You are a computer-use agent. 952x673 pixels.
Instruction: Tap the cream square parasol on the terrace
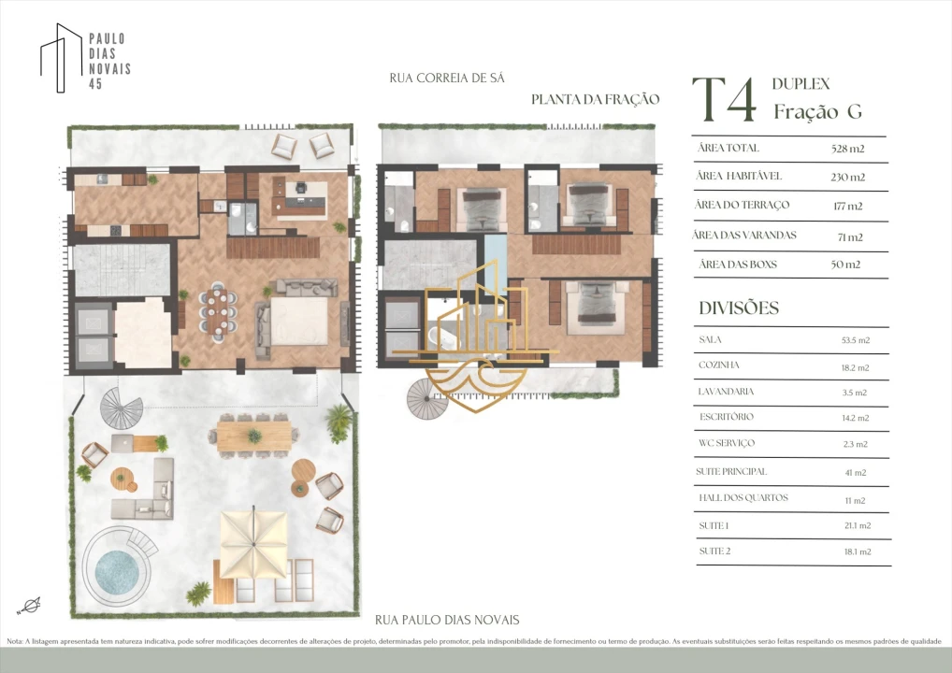(x=253, y=544)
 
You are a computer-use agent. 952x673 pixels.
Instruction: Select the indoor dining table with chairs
(x=218, y=310)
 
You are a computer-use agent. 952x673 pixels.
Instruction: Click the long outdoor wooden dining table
(x=253, y=436)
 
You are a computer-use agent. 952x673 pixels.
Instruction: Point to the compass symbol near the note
(x=29, y=606)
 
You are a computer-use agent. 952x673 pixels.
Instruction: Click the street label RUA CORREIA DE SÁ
(x=447, y=78)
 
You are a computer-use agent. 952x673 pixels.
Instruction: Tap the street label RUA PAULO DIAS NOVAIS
(x=447, y=620)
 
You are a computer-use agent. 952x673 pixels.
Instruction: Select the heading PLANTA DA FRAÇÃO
(x=595, y=99)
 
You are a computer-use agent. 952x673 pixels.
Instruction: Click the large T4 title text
(x=725, y=100)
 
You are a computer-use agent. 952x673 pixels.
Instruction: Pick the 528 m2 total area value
(x=847, y=148)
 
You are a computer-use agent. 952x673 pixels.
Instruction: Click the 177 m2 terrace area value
(x=847, y=206)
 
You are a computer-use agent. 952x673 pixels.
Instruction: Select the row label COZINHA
(x=719, y=365)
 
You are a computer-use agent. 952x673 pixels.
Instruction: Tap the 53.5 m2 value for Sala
(x=856, y=340)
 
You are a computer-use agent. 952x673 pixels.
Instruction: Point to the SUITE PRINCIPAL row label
(x=731, y=471)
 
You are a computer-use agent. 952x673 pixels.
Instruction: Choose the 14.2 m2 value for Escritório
(x=856, y=418)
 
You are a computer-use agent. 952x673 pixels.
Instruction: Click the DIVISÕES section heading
(x=739, y=308)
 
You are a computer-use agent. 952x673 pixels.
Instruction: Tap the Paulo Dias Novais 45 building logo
(x=86, y=58)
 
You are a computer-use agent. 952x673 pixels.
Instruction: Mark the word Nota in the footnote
(x=15, y=641)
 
